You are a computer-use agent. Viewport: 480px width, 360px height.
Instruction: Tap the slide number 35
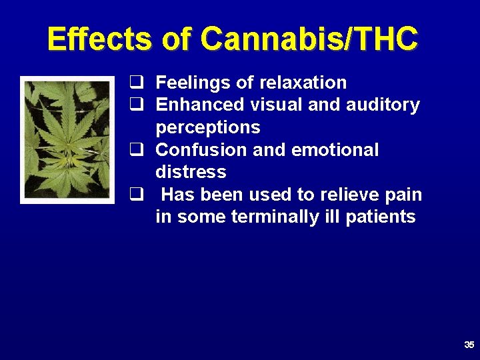pyautogui.click(x=469, y=345)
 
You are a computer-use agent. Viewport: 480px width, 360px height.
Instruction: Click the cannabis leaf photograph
pyautogui.click(x=67, y=139)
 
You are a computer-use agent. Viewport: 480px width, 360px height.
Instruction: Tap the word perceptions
pyautogui.click(x=207, y=127)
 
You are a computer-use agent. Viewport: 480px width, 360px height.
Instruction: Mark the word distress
pyautogui.click(x=191, y=172)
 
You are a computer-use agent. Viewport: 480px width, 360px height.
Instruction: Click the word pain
pyautogui.click(x=403, y=195)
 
